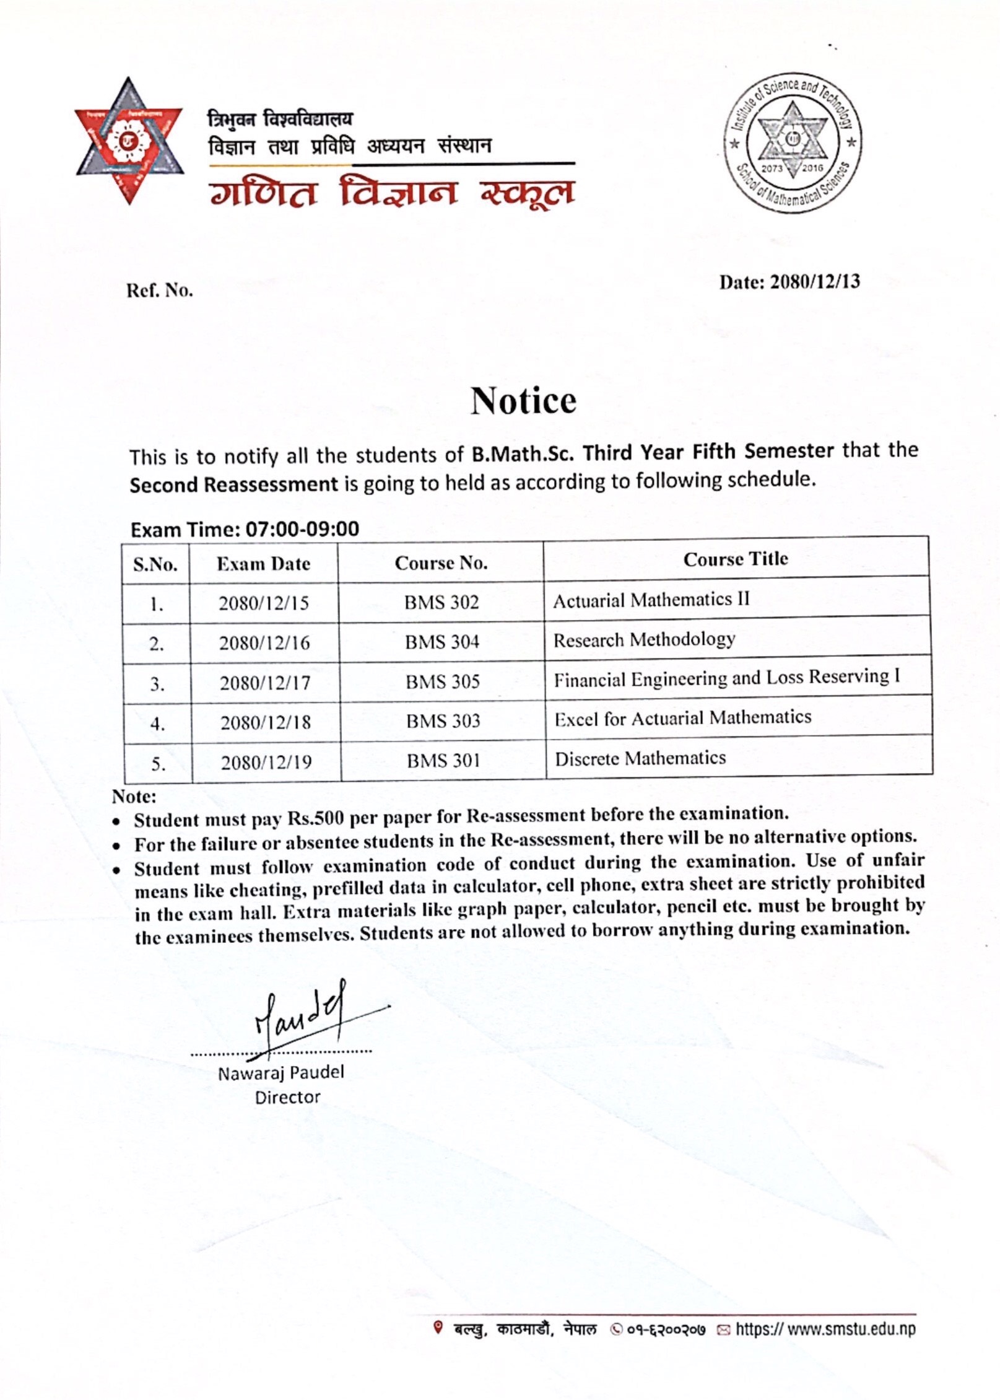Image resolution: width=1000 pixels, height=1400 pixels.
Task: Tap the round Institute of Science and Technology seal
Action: [x=793, y=142]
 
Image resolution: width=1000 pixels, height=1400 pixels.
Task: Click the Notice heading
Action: [x=523, y=401]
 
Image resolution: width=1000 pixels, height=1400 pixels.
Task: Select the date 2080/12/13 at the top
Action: [x=815, y=282]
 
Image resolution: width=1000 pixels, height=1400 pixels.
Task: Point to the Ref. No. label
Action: [x=160, y=290]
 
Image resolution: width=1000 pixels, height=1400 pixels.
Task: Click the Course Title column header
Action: [x=736, y=559]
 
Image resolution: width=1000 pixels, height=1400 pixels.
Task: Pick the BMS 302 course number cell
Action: [x=441, y=602]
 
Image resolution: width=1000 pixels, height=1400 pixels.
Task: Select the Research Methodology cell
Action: [x=644, y=639]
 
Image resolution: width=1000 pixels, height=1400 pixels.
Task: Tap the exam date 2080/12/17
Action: [x=265, y=683]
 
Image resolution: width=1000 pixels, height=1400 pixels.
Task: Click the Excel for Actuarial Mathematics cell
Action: [x=682, y=718]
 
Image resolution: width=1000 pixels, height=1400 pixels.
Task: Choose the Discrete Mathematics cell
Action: [x=640, y=758]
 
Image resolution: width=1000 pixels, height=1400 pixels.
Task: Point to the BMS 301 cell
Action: [x=443, y=760]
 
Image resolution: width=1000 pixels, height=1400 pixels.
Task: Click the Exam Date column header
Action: [x=263, y=564]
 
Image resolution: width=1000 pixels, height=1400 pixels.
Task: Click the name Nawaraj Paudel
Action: [x=280, y=1072]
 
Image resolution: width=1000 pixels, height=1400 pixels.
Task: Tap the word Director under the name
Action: [x=287, y=1097]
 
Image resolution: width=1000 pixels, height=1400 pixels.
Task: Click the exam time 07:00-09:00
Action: [x=302, y=529]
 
